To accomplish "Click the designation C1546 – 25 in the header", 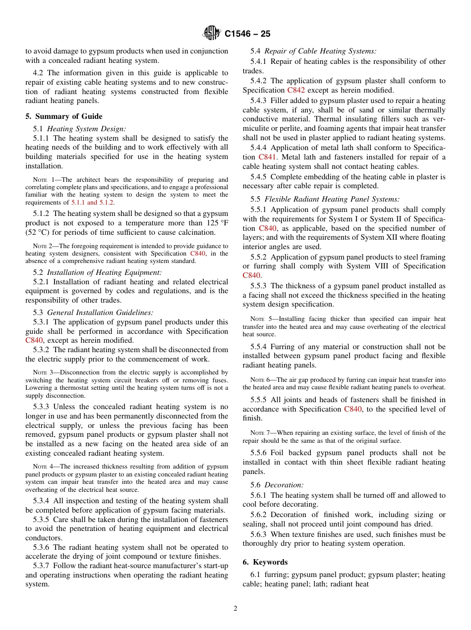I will [x=247, y=34].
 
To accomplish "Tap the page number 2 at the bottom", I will [x=235, y=609].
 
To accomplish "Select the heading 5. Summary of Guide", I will [x=64, y=116].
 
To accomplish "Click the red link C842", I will [x=296, y=90].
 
